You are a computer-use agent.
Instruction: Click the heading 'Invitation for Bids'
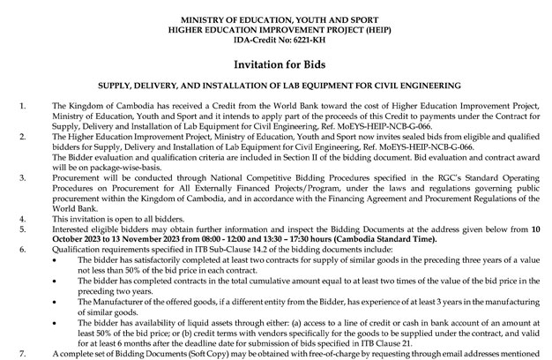pos(275,65)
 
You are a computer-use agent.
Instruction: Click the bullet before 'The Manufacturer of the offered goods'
pos(58,302)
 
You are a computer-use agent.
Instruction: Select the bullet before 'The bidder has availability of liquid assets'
pos(58,322)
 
